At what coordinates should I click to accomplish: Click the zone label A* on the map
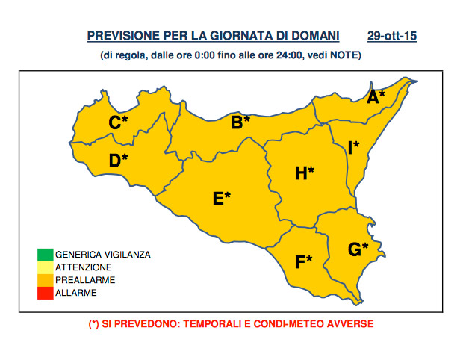(x=376, y=96)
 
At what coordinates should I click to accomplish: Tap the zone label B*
(x=240, y=122)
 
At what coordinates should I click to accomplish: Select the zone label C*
(x=118, y=122)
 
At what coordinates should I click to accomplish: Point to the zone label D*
(x=118, y=160)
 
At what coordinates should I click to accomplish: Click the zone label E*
(x=222, y=199)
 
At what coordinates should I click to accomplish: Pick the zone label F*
(x=303, y=261)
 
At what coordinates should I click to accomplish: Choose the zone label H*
(x=304, y=173)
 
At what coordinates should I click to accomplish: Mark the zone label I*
(x=353, y=147)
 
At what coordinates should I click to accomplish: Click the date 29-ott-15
(x=391, y=36)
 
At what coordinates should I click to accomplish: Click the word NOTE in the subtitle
(x=344, y=55)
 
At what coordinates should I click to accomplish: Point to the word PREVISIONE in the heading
(x=122, y=36)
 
